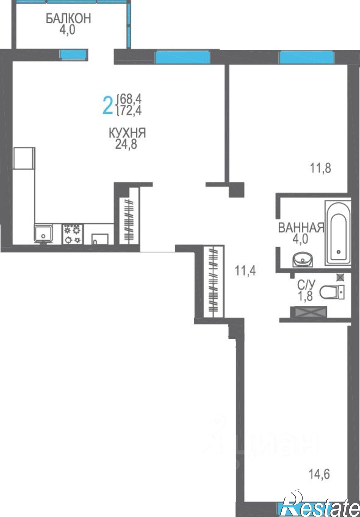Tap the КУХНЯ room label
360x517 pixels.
click(x=128, y=133)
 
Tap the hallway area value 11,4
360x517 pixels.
click(x=245, y=271)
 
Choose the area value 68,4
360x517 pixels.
click(x=131, y=99)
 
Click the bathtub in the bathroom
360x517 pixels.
click(x=338, y=233)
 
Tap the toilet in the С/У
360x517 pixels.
click(x=332, y=293)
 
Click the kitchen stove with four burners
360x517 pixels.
click(x=72, y=234)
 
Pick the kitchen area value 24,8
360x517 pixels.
click(x=126, y=144)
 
